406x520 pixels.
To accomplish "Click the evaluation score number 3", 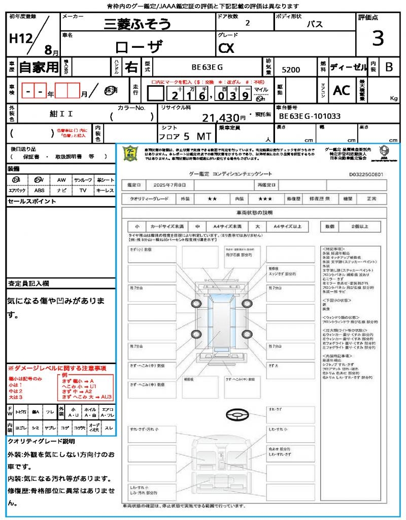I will (377, 39).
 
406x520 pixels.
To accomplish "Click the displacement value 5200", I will (291, 70).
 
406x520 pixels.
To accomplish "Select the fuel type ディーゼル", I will (348, 67).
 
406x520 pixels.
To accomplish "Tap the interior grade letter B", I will (389, 67).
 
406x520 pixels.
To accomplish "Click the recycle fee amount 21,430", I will (221, 118).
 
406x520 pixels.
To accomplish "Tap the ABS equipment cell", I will (39, 190).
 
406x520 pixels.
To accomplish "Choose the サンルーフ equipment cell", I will (83, 180).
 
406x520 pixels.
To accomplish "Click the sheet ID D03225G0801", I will (366, 174).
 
